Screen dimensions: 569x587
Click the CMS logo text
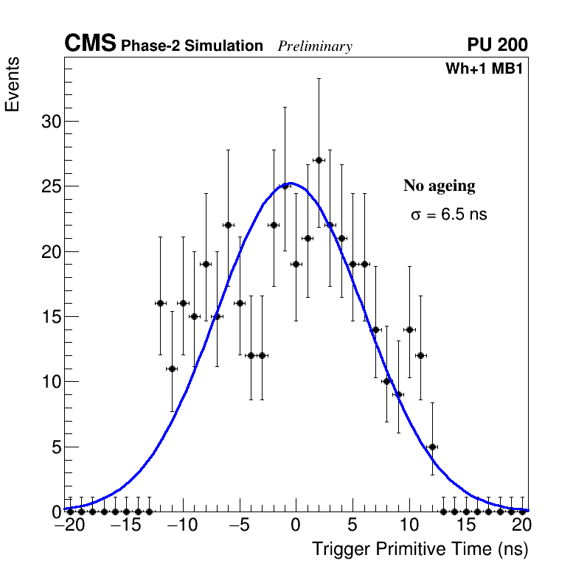point(90,44)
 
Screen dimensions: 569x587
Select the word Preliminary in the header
point(315,46)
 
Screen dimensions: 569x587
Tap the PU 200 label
point(497,45)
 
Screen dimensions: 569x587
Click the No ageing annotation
point(439,186)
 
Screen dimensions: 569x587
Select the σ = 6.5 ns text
point(448,214)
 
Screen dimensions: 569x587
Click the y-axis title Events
point(13,85)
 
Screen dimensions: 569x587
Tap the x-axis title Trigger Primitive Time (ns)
point(420,549)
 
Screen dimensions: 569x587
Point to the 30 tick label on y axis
point(50,122)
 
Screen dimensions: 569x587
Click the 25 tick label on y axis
point(50,186)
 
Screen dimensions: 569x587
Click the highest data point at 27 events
point(319,160)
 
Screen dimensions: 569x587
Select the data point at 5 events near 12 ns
point(432,447)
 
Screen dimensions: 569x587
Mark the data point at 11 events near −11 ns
point(172,369)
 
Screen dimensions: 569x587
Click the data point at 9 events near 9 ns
point(398,394)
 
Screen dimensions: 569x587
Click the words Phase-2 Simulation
point(192,46)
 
